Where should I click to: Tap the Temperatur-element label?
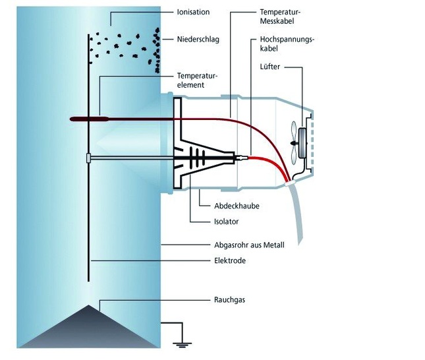click(201, 80)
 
